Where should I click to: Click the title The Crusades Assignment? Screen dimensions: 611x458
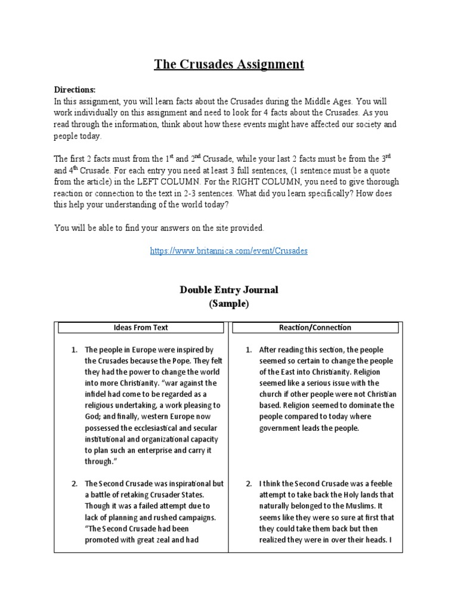229,64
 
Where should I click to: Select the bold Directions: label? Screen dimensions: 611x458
75,89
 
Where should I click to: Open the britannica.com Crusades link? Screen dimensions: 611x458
229,251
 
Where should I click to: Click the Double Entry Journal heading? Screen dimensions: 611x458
229,290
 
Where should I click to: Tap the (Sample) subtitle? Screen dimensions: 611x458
229,303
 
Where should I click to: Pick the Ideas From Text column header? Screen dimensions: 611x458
141,328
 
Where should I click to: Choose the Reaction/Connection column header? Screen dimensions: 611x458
315,328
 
